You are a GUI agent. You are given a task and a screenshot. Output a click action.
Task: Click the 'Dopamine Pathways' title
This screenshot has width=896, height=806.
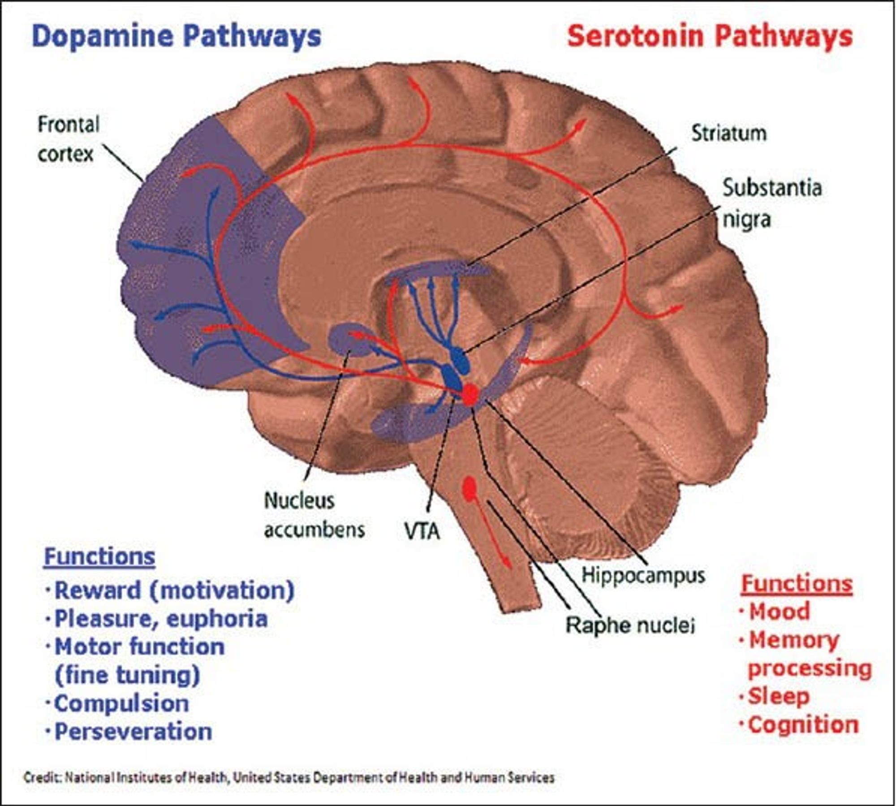[177, 36]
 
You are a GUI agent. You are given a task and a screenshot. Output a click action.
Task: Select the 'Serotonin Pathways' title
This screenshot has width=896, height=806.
[710, 36]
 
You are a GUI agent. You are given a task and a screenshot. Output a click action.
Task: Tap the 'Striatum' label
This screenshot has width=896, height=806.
[729, 133]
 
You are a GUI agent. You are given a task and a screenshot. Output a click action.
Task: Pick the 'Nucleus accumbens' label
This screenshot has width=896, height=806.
[314, 515]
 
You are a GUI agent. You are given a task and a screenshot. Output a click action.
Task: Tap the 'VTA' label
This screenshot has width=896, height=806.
[422, 532]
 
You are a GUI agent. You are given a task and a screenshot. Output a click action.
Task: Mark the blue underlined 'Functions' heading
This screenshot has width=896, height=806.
[99, 557]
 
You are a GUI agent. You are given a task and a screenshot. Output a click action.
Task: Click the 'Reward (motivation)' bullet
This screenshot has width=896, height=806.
[174, 590]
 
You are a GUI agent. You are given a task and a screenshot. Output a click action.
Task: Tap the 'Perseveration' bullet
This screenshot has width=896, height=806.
[133, 732]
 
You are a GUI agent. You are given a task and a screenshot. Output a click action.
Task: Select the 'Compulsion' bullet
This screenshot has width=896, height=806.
[121, 703]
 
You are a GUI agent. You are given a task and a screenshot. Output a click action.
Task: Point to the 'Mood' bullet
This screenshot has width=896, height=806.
[779, 612]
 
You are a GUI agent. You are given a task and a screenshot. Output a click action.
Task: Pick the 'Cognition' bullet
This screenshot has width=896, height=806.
[803, 725]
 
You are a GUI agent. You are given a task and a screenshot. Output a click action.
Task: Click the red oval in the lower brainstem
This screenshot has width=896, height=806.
[469, 489]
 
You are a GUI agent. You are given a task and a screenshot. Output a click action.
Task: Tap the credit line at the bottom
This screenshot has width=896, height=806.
[289, 777]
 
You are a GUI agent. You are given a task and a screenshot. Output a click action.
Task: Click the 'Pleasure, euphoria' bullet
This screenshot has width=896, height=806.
[160, 619]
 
